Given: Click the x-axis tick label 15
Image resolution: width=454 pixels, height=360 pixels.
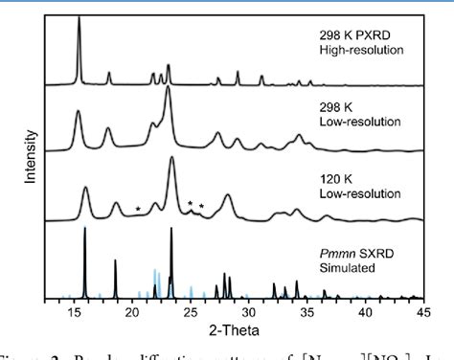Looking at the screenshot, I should click(74, 310).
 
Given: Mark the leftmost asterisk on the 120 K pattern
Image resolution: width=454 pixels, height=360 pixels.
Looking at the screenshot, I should click(138, 209).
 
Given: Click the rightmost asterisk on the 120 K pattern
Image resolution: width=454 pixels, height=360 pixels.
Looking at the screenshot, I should click(202, 207).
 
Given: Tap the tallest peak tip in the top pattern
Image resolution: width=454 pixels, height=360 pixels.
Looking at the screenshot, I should click(79, 18).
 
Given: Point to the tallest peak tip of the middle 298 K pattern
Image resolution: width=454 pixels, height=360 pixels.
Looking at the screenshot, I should click(168, 88).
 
